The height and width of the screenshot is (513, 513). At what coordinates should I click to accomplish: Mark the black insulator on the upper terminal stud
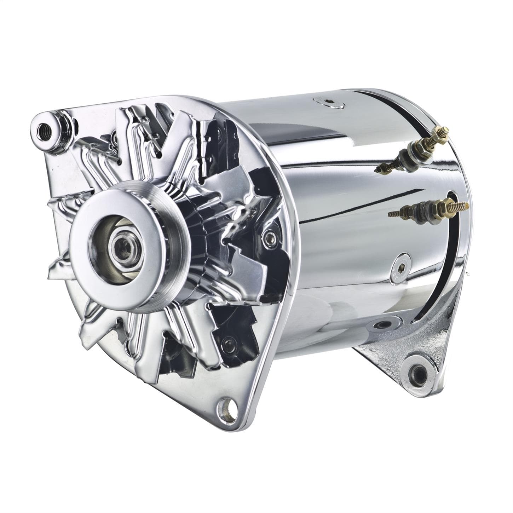coord(404,155)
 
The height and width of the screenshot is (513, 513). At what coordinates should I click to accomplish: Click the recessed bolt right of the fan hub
coord(270,236)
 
